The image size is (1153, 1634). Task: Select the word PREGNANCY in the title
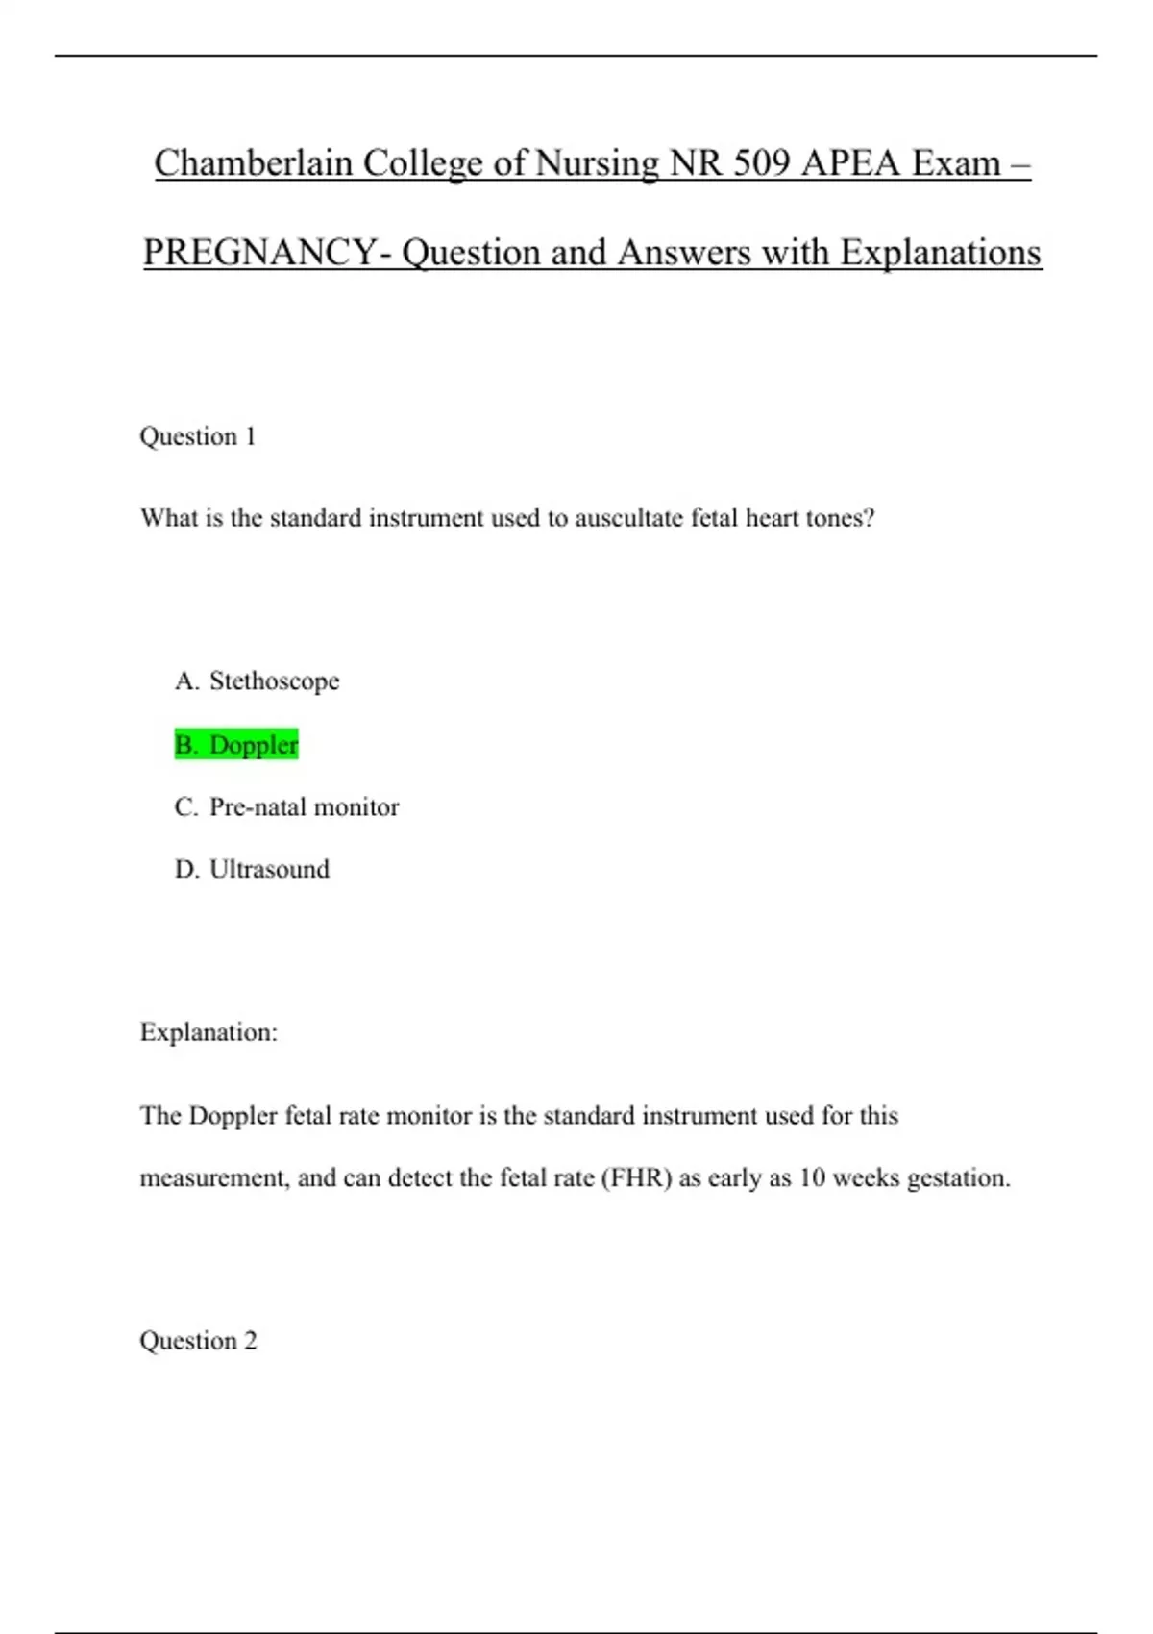click(x=259, y=253)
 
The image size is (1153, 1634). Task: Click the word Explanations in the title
click(x=941, y=253)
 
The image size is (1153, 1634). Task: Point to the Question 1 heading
click(x=198, y=436)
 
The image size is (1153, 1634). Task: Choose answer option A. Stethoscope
click(x=257, y=681)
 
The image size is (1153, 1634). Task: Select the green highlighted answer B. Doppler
click(x=236, y=745)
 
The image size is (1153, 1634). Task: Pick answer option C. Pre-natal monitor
click(x=286, y=807)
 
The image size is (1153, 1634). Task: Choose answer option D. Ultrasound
click(x=252, y=870)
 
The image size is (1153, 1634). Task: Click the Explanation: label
click(x=209, y=1032)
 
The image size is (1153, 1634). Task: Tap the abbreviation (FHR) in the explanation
click(x=636, y=1178)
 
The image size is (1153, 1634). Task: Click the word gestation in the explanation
click(x=958, y=1178)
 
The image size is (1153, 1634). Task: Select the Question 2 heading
click(x=198, y=1341)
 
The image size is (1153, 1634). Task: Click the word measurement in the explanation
click(x=214, y=1178)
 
